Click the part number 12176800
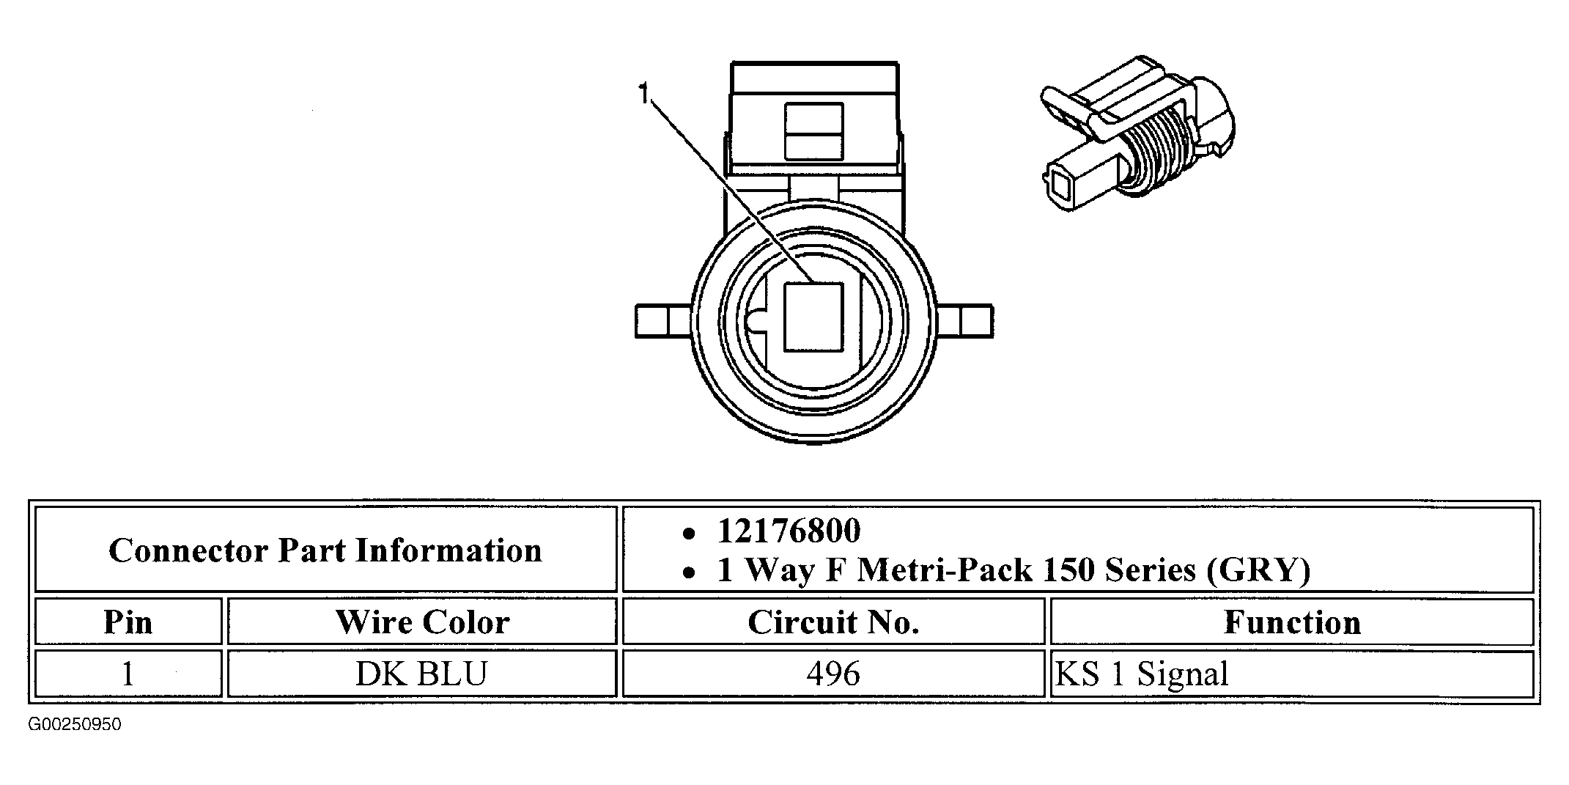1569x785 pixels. [789, 531]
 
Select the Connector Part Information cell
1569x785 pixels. [326, 550]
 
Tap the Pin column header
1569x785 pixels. [128, 622]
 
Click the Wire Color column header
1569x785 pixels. [422, 622]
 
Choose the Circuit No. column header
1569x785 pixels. [833, 622]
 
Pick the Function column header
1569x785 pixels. [1292, 622]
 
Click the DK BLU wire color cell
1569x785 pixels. [422, 674]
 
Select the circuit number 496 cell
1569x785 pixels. [833, 674]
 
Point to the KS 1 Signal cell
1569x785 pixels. [1292, 674]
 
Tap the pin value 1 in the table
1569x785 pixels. [128, 674]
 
